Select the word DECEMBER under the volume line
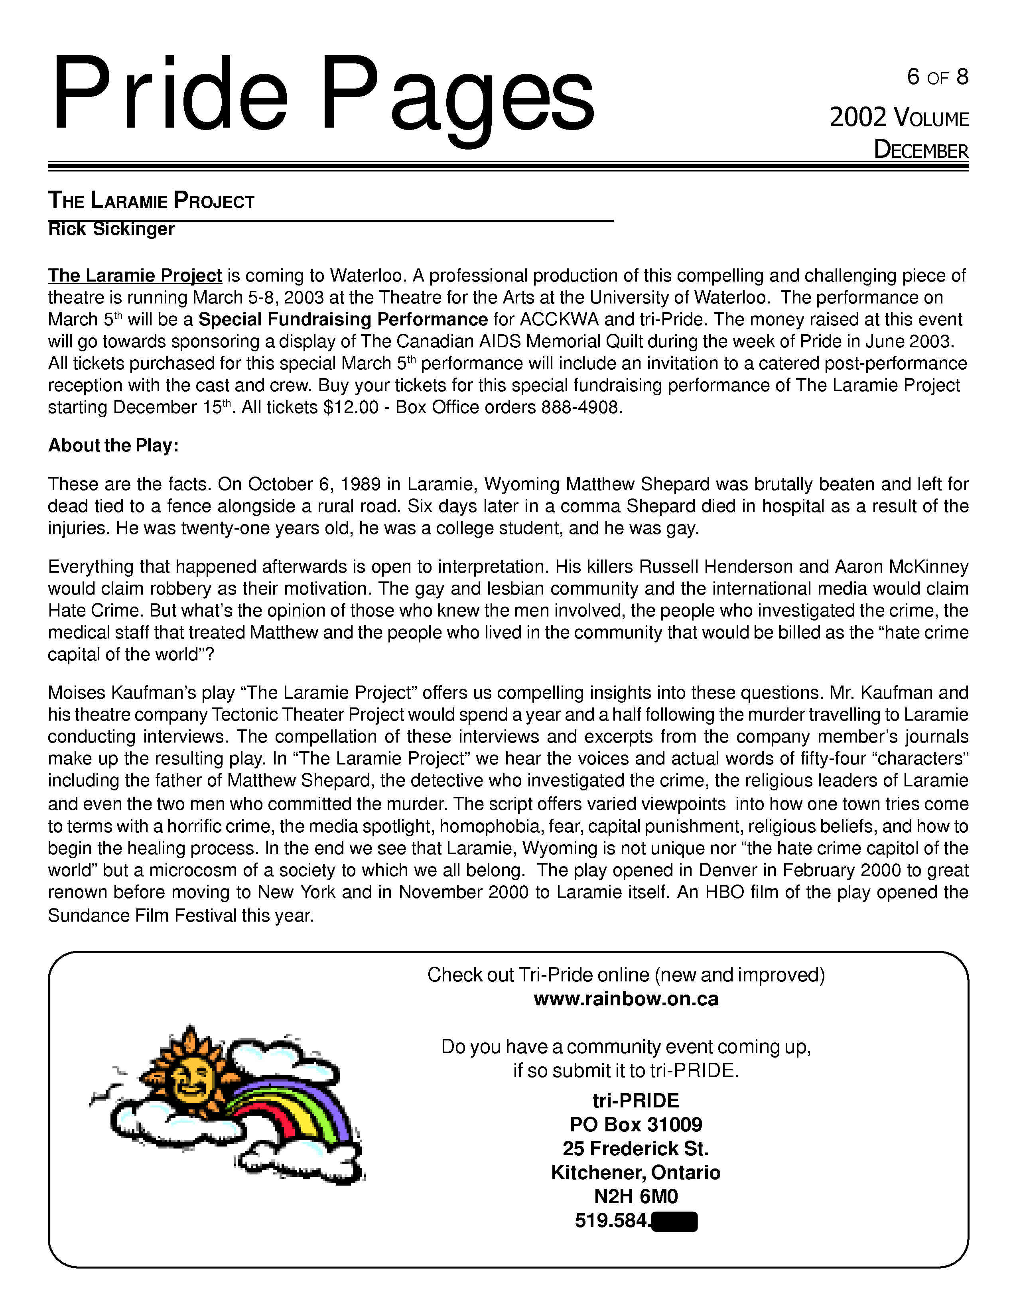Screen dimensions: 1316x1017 click(920, 150)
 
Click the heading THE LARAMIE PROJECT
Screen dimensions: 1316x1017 click(151, 201)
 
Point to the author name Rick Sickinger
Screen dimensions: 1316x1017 click(111, 229)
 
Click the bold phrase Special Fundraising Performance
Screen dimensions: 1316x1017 click(343, 319)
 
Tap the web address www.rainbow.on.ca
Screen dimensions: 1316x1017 click(626, 999)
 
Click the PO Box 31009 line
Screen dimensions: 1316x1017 click(636, 1125)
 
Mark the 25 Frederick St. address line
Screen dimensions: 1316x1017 click(636, 1149)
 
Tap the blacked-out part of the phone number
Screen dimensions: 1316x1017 click(674, 1221)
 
